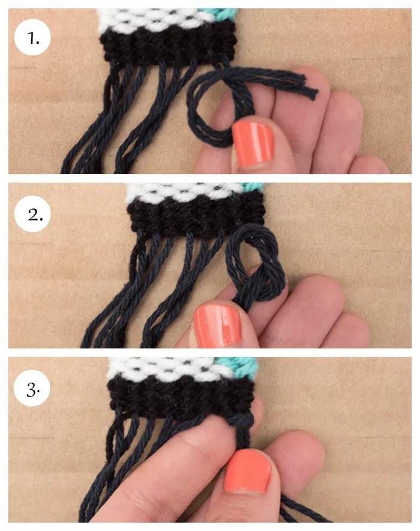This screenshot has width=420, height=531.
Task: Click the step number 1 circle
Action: pos(32,38)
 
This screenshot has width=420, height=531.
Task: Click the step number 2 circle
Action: pos(32,214)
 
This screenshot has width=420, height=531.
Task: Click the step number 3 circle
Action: pos(32,388)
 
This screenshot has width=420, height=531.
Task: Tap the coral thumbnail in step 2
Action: pos(217,325)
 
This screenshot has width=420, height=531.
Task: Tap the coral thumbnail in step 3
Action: pos(248,472)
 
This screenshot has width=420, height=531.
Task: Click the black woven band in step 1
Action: pos(169,44)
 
